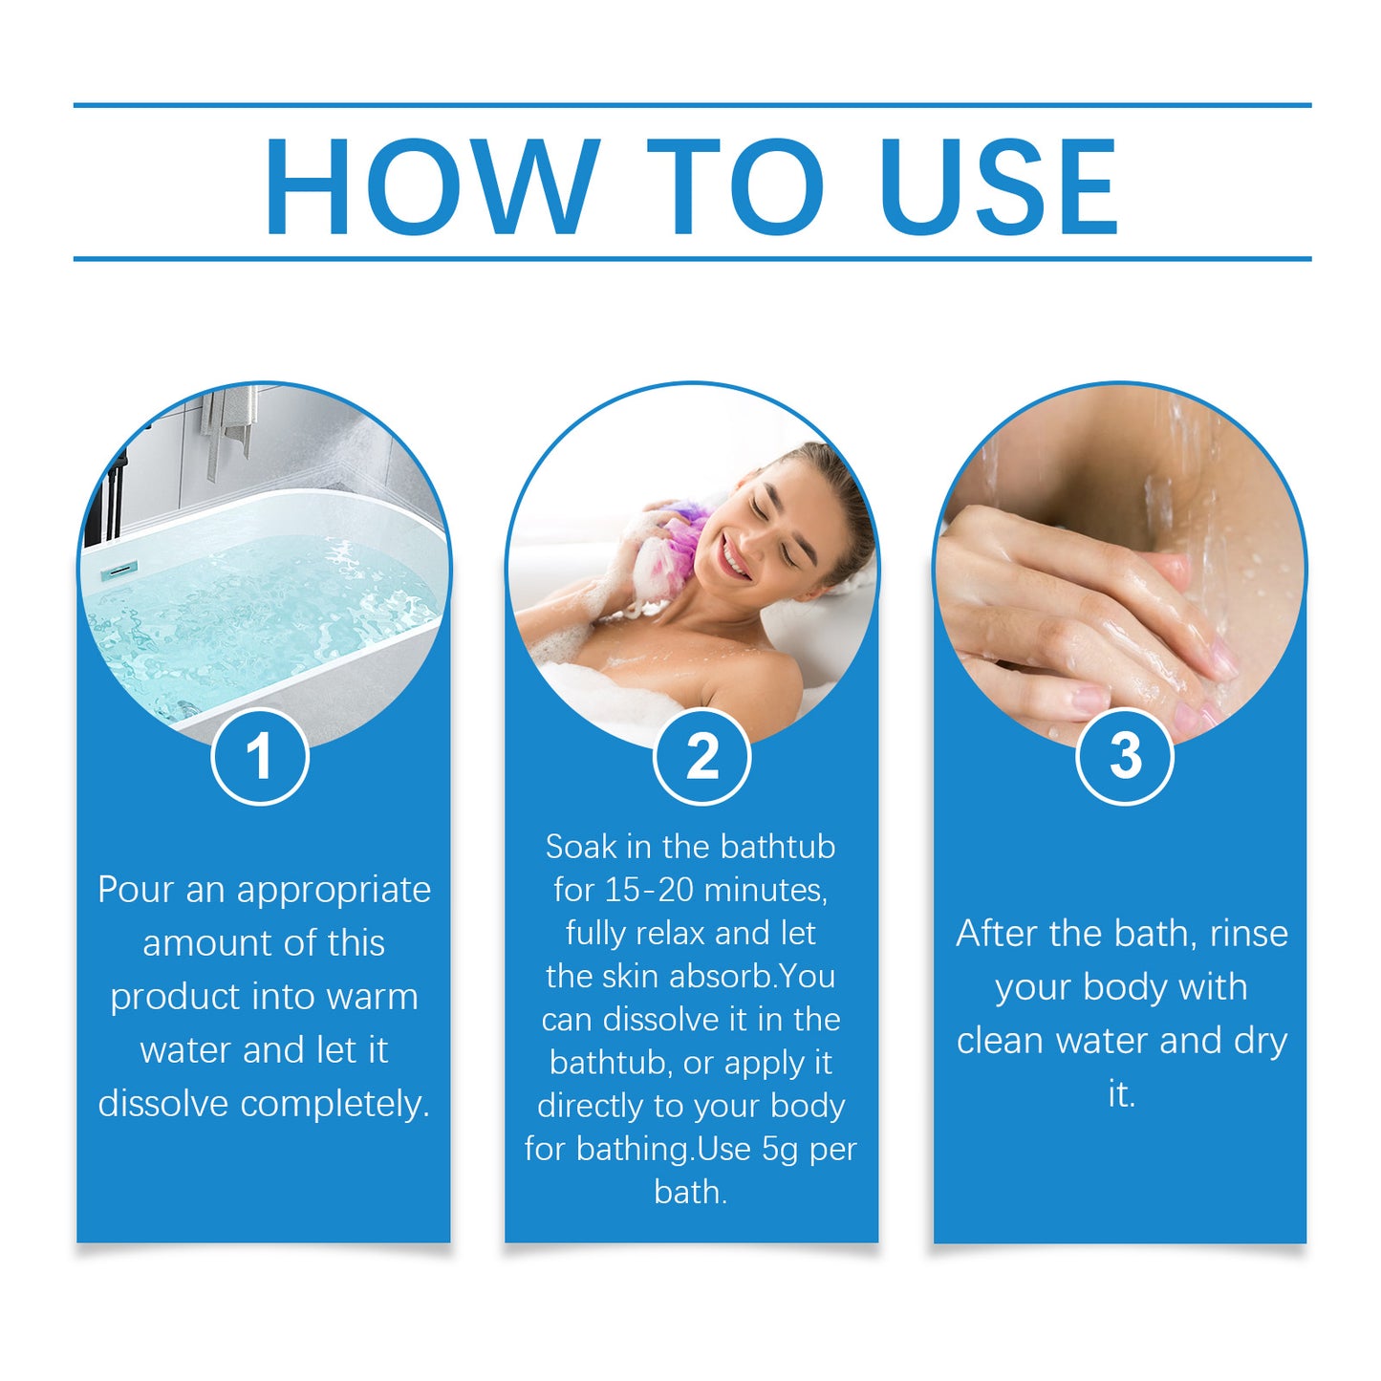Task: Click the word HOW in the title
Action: (x=432, y=186)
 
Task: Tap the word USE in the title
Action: (x=999, y=186)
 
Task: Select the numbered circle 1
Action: (x=260, y=757)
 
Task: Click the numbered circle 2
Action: (x=702, y=757)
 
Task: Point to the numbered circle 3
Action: (x=1125, y=757)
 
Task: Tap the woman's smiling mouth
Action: (x=734, y=557)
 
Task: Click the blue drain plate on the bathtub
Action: (x=119, y=571)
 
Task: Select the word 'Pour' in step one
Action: (x=134, y=890)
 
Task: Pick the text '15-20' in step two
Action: (x=650, y=890)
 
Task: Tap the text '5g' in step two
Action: (x=780, y=1149)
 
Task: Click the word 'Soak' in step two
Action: (x=581, y=847)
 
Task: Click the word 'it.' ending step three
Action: (x=1122, y=1094)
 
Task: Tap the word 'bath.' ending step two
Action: (x=691, y=1192)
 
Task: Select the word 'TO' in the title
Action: (x=735, y=186)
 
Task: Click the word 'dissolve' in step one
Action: (x=162, y=1104)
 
